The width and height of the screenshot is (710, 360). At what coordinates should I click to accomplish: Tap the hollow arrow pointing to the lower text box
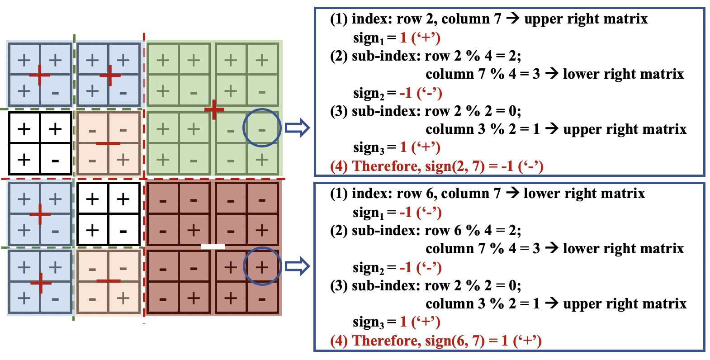[297, 266]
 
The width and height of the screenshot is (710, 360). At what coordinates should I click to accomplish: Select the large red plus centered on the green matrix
[214, 109]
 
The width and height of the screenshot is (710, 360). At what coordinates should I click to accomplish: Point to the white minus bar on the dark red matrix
[213, 246]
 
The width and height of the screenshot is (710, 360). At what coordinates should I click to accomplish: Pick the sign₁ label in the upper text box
[369, 38]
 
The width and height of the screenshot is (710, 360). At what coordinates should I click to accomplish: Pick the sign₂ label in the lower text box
[369, 268]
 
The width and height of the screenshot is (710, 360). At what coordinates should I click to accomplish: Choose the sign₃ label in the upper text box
[369, 148]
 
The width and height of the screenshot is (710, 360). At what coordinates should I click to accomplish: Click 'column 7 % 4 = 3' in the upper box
[483, 74]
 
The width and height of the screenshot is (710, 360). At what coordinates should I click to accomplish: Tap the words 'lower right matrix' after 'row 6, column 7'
[584, 193]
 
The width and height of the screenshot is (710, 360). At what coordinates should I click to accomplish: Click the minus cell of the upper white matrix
[56, 159]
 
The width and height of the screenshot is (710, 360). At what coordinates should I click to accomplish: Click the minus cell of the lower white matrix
[123, 230]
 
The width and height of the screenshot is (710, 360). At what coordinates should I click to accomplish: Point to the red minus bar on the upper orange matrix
[108, 143]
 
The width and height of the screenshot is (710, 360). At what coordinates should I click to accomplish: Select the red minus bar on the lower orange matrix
[109, 281]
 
